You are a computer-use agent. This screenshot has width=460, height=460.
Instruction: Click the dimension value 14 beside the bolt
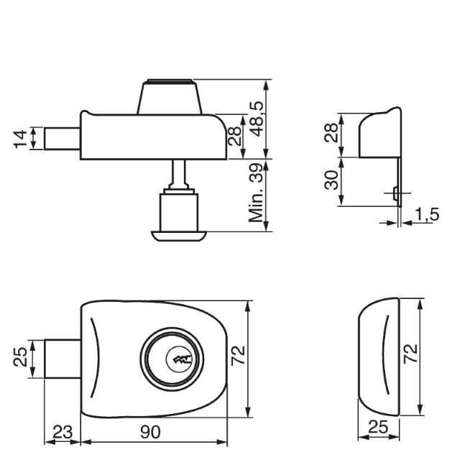tap(20, 138)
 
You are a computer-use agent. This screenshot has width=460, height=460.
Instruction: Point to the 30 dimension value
tap(329, 180)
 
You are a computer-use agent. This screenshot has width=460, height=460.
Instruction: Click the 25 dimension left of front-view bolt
tap(21, 356)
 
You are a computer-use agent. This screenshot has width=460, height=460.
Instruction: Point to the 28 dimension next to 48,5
tap(234, 136)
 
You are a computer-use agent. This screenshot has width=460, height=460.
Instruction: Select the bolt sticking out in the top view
tap(61, 138)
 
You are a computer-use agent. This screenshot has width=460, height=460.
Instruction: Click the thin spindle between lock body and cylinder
tap(179, 172)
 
